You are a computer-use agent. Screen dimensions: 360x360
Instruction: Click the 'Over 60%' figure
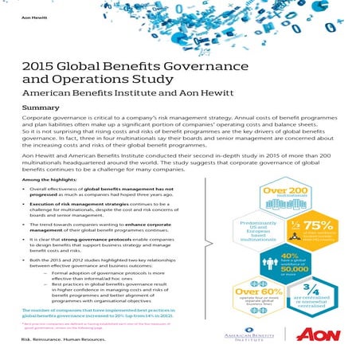pos(256,292)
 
